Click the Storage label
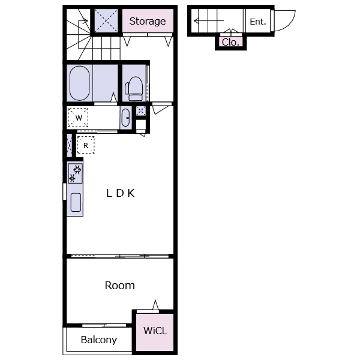(148, 22)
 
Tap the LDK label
(121, 193)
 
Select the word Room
(119, 286)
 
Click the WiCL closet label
(155, 331)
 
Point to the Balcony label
(99, 340)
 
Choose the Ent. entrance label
(258, 22)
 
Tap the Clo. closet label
(230, 42)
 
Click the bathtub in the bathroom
(79, 83)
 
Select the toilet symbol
(134, 89)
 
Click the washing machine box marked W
(78, 118)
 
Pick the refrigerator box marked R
(86, 145)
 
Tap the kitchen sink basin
(76, 202)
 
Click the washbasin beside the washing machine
(125, 118)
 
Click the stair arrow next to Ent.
(209, 21)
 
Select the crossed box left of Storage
(106, 20)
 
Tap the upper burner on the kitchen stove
(77, 169)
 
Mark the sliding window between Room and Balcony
(104, 325)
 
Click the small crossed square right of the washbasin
(141, 111)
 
